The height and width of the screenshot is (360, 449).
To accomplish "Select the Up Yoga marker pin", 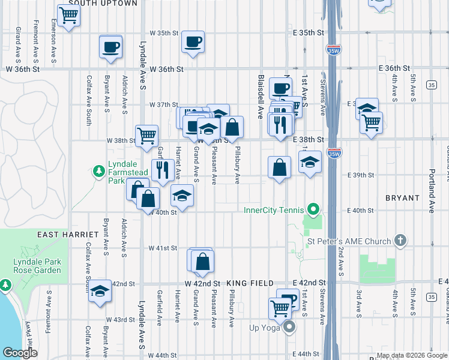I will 289,327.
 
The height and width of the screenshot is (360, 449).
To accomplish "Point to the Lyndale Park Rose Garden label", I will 38,268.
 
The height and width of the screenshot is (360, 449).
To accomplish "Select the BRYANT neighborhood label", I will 402,197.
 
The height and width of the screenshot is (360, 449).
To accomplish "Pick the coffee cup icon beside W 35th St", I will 193,42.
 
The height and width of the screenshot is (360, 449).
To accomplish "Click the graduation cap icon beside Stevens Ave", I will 310,163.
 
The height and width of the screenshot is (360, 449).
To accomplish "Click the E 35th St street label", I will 309,32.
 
